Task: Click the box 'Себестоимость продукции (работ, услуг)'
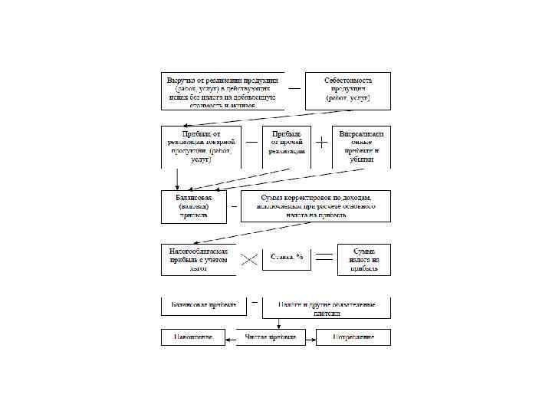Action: (x=348, y=90)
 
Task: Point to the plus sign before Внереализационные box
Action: (x=322, y=143)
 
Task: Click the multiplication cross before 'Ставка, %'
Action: (x=249, y=259)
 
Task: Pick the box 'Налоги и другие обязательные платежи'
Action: (x=327, y=308)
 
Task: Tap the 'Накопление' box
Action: (x=192, y=337)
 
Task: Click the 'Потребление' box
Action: (x=353, y=337)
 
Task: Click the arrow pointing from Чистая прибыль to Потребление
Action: (x=307, y=337)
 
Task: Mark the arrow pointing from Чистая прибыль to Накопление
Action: (x=231, y=337)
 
